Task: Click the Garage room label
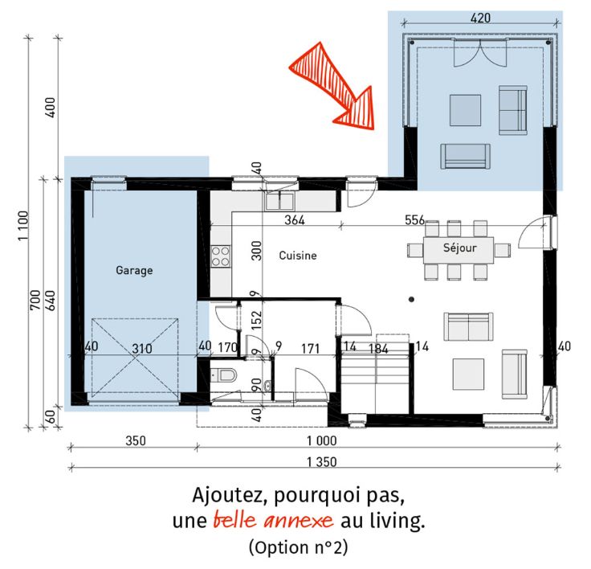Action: [134, 271]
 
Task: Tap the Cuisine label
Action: [298, 256]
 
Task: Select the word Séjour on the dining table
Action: [460, 248]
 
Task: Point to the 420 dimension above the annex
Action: [480, 18]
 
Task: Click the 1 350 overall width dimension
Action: [321, 462]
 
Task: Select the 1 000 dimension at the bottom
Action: [321, 440]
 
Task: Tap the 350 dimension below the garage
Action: [136, 440]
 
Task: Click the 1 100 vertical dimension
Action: [23, 226]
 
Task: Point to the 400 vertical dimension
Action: [50, 108]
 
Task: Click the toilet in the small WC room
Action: [224, 375]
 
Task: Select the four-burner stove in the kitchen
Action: [221, 256]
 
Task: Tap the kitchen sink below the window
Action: [279, 201]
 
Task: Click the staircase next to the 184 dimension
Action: [376, 377]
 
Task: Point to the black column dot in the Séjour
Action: [412, 300]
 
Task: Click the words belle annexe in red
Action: [273, 520]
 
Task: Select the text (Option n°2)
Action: [298, 547]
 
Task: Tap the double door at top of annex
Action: [480, 53]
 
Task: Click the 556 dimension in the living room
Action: [414, 220]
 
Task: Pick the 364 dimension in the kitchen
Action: [295, 220]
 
